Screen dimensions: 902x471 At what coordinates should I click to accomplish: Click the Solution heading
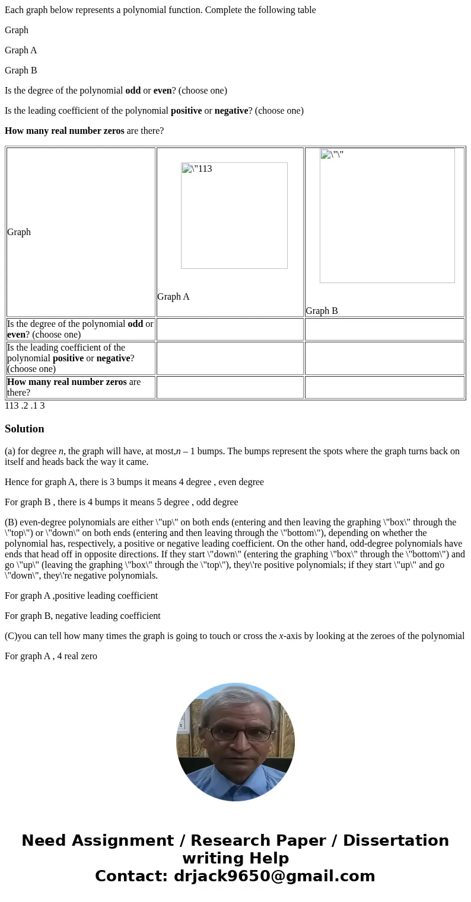pos(24,429)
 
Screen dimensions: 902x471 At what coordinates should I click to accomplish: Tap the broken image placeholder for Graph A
pos(234,216)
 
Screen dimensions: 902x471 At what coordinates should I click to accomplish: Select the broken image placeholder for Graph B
pos(387,216)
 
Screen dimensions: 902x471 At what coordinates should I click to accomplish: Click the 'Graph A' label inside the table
pos(173,297)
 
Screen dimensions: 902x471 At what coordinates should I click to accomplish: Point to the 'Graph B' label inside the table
pos(322,311)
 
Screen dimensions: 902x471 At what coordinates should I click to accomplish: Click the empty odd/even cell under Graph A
pos(230,329)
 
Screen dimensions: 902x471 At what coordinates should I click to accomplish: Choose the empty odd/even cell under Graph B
pos(384,329)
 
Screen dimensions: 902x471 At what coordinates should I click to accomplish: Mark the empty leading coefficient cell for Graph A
pos(230,358)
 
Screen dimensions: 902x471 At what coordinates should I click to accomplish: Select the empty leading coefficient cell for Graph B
pos(384,358)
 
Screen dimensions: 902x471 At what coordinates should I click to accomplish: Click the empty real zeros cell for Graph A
pos(230,387)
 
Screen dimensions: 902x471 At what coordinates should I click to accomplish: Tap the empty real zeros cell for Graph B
pos(384,387)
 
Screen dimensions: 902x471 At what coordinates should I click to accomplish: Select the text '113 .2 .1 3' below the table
pos(25,406)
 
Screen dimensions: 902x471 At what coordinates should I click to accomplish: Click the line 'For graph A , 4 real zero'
pos(51,656)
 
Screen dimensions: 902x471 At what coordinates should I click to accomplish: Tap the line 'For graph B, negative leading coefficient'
pos(82,616)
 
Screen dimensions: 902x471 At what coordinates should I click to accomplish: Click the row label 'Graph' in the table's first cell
pos(19,232)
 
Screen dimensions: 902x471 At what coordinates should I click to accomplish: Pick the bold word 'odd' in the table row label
pos(135,324)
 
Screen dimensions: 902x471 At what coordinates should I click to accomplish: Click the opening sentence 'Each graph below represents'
pos(160,10)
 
